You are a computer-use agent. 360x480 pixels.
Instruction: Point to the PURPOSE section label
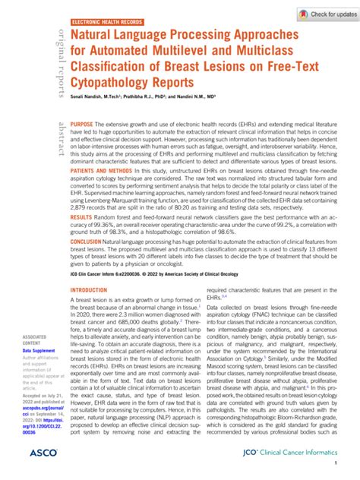(82, 123)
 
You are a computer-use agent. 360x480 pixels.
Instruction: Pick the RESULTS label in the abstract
(81, 238)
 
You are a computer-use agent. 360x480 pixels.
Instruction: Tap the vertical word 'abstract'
(59, 137)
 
